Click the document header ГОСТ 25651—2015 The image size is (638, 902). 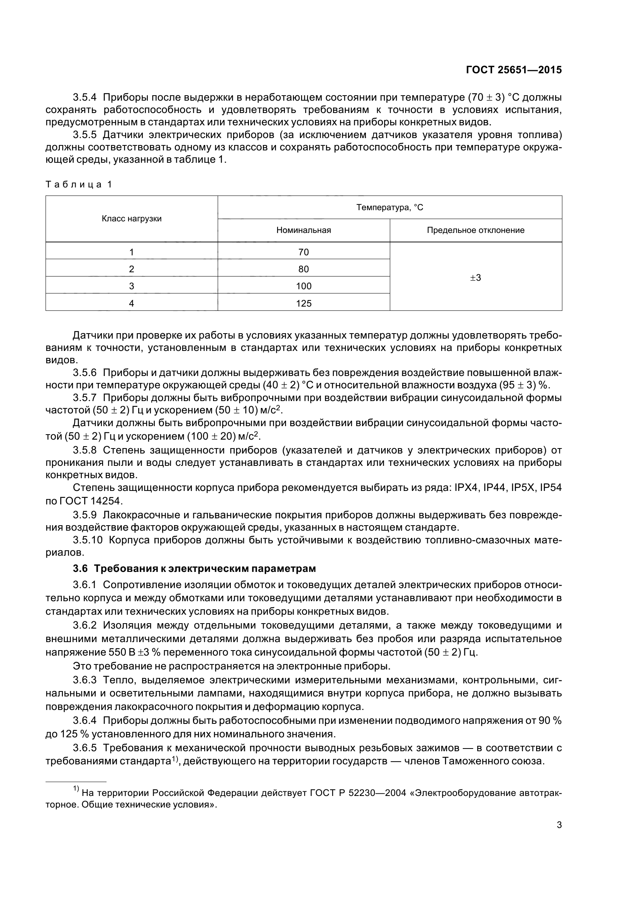pos(513,70)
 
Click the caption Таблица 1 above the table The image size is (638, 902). pos(79,184)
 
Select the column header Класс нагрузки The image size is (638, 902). pos(132,219)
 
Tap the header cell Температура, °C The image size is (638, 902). pos(389,207)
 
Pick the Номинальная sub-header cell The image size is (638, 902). pos(303,230)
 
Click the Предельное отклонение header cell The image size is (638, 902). pos(476,230)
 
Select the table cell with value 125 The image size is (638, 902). pos(303,303)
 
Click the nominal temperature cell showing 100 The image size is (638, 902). pos(303,286)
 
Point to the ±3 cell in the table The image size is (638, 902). pos(476,278)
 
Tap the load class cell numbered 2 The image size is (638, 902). pos(131,269)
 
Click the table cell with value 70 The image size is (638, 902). pos(303,252)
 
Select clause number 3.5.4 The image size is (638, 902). pos(85,97)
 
